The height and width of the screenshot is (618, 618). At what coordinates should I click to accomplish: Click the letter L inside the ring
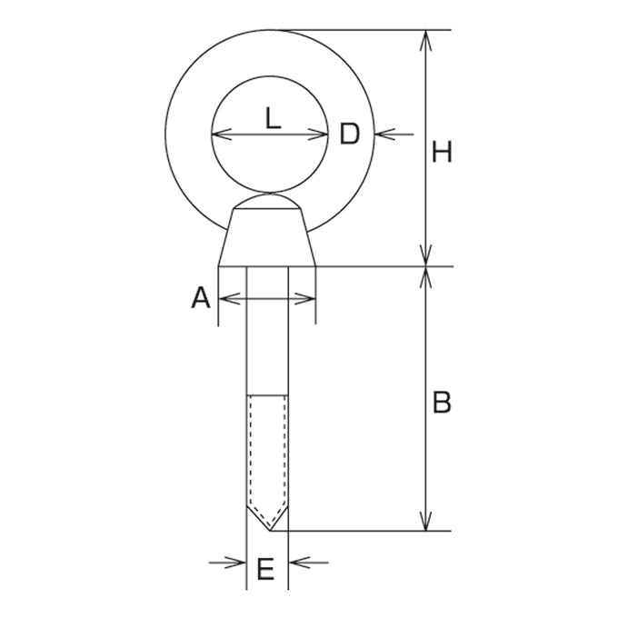pos(273,118)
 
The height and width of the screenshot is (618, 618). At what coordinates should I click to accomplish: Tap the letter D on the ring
pos(350,134)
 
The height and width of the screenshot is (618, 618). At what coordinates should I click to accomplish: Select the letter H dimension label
pos(442,152)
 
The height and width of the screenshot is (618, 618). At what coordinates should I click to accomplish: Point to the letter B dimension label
pos(442,402)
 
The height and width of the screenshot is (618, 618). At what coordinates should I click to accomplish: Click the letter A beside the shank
pos(201,297)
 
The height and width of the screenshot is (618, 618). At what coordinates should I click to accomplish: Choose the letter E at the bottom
pos(265,569)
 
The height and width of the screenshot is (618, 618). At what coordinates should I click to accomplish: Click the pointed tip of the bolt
pos(270,530)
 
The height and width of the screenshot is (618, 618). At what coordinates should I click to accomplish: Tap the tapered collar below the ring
pos(267,237)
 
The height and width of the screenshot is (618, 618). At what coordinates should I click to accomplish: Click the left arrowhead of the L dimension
pos(222,135)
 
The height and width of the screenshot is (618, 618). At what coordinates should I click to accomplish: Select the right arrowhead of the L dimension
pos(318,135)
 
